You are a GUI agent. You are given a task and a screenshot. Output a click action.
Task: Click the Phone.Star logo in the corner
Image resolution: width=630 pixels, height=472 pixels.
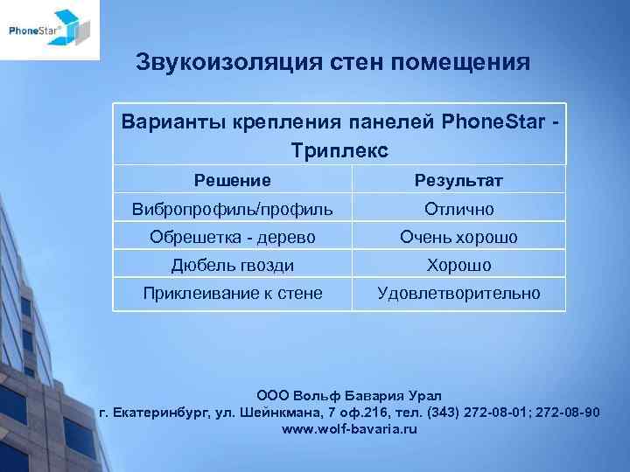[x=49, y=31]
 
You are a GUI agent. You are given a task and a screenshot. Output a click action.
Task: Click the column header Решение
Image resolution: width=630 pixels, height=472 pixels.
[x=232, y=180]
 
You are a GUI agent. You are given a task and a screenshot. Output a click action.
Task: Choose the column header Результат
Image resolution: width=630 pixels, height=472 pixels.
[x=458, y=181]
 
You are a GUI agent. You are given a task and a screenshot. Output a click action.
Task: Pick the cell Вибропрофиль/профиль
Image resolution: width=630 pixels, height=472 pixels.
[x=232, y=209]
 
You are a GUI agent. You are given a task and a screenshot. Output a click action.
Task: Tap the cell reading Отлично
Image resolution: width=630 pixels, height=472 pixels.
[x=458, y=209]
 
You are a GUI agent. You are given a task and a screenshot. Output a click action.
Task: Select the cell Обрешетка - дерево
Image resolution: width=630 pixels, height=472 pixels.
[x=232, y=237]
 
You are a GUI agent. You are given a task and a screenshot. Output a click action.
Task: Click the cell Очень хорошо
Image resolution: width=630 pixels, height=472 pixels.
[x=458, y=237]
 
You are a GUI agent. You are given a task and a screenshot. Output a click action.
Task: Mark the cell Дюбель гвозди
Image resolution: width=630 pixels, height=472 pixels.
[x=232, y=265]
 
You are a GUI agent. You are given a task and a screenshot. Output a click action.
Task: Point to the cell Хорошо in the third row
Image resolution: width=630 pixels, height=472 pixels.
[x=458, y=265]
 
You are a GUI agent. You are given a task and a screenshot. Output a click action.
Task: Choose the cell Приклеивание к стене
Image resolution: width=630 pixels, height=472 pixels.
[x=232, y=294]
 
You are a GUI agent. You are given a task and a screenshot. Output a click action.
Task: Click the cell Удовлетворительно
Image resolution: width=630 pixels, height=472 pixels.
[x=458, y=294]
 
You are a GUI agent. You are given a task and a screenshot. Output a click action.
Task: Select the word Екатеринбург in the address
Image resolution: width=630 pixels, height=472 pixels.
[x=161, y=413]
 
